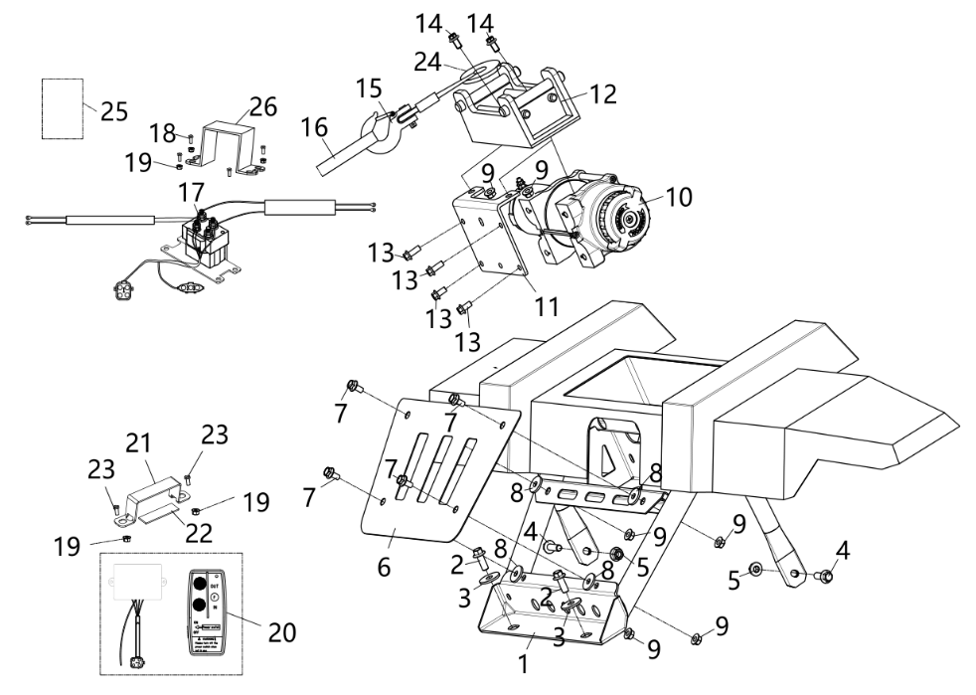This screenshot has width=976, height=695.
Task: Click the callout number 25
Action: (114, 111)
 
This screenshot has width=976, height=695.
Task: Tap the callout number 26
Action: (263, 106)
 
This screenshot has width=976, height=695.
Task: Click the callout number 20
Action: (280, 629)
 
